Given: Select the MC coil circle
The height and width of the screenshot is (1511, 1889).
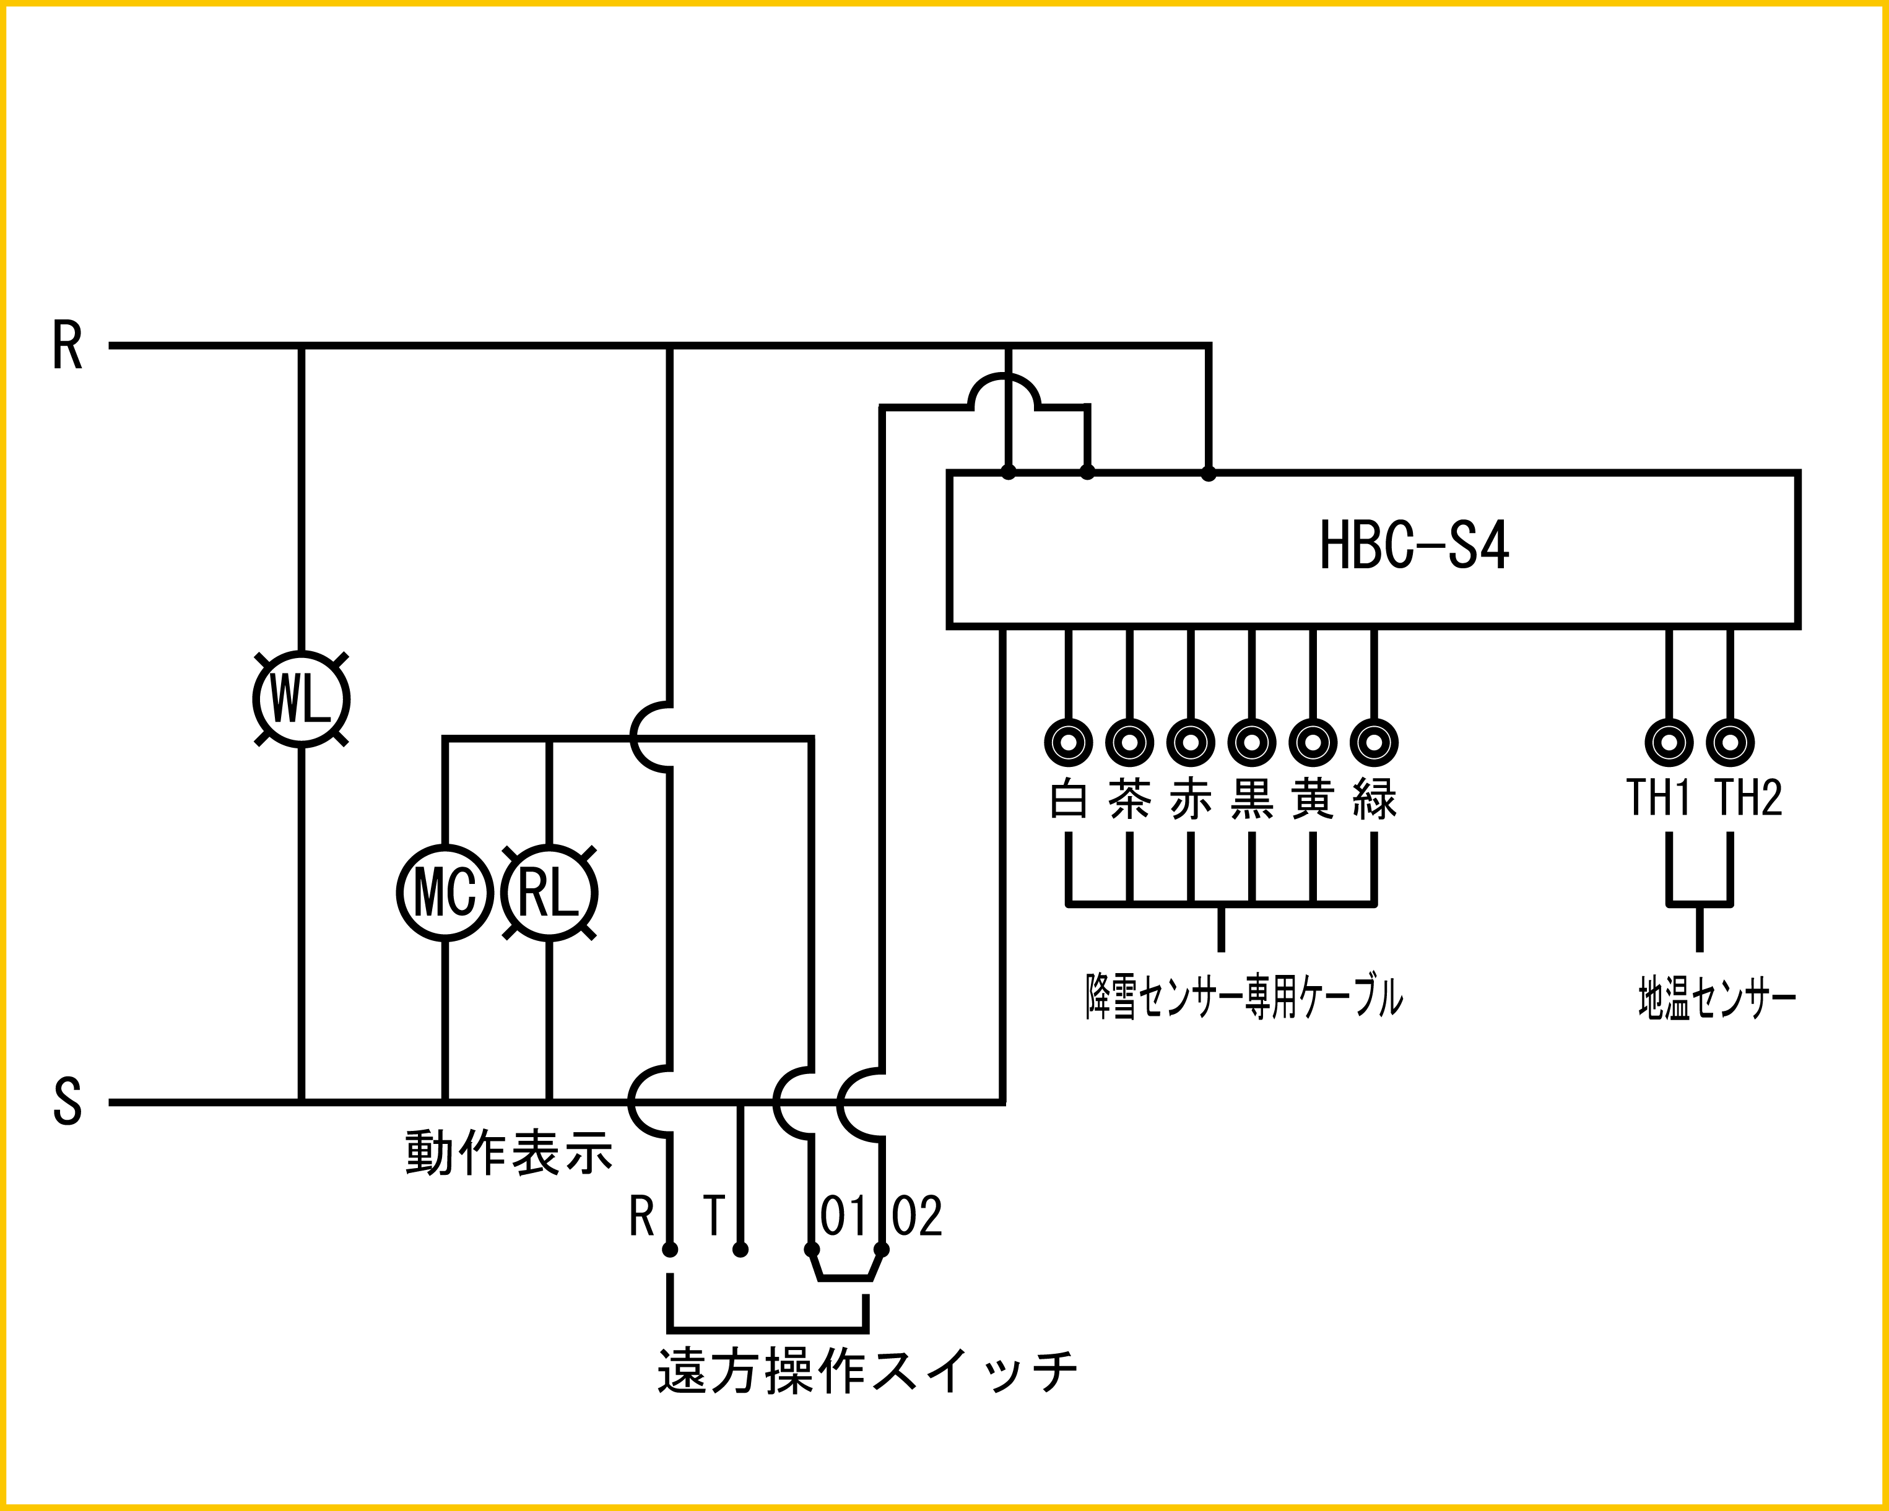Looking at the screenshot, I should pos(445,893).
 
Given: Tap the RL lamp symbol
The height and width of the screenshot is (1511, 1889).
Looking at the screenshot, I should pos(549,893).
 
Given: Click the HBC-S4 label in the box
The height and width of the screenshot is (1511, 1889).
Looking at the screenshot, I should pos(1413,545).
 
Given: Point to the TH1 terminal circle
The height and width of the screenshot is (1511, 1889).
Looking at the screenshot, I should pos(1669,743).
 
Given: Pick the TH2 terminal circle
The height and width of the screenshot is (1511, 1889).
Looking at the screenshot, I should pos(1730,743).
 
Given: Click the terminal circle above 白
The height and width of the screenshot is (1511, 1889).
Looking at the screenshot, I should pos(1069,743).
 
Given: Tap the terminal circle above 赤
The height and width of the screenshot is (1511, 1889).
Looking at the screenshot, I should pos(1191,743).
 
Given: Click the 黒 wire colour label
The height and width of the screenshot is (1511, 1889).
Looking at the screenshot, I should pos(1252,799).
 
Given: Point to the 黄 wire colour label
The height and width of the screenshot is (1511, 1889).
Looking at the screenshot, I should pos(1313,799).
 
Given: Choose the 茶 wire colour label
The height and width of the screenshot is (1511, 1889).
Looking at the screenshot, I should pos(1129,799).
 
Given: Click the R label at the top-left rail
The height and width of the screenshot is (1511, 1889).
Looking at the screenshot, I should pos(67,345).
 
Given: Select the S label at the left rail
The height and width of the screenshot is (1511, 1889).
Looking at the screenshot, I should pos(67,1101).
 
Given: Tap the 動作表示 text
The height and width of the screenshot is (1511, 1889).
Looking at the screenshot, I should pos(509,1153).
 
